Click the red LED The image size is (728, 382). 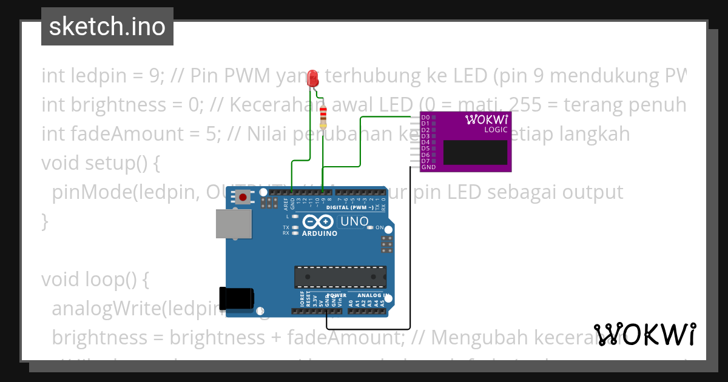pyautogui.click(x=313, y=78)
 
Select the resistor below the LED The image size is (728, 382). pyautogui.click(x=323, y=114)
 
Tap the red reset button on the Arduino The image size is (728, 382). pyautogui.click(x=243, y=196)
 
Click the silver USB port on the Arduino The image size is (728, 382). pyautogui.click(x=234, y=224)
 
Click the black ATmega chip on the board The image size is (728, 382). pyautogui.click(x=340, y=276)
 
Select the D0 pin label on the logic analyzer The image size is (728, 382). pyautogui.click(x=425, y=117)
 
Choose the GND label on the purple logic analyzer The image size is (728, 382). pyautogui.click(x=428, y=167)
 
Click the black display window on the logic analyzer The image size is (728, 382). pyautogui.click(x=475, y=152)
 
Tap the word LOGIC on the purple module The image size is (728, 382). pyautogui.click(x=496, y=129)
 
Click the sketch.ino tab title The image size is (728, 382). pyautogui.click(x=107, y=27)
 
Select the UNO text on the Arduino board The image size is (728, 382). pyautogui.click(x=354, y=221)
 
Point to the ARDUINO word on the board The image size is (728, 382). pyautogui.click(x=319, y=233)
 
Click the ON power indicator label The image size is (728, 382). pyautogui.click(x=380, y=227)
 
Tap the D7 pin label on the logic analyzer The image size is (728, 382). pyautogui.click(x=425, y=161)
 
